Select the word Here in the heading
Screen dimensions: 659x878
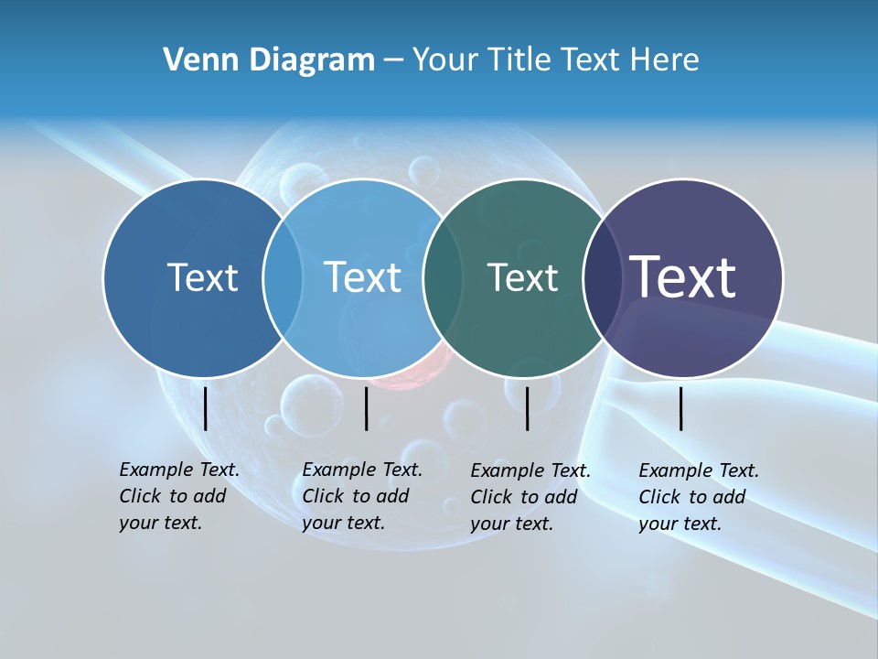pyautogui.click(x=665, y=60)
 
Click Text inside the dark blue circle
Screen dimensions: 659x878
pyautogui.click(x=202, y=277)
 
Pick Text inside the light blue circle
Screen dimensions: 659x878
pyautogui.click(x=362, y=277)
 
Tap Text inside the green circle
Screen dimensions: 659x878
pyautogui.click(x=522, y=277)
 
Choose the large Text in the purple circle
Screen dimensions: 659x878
pyautogui.click(x=683, y=276)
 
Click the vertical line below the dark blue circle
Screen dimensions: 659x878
pyautogui.click(x=205, y=408)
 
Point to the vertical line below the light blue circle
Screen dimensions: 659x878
pyautogui.click(x=366, y=408)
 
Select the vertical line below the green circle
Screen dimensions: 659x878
pyautogui.click(x=527, y=408)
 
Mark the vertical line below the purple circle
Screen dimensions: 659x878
pyautogui.click(x=681, y=408)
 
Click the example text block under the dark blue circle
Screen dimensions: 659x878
pyautogui.click(x=179, y=496)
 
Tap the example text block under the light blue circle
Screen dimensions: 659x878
pyautogui.click(x=362, y=496)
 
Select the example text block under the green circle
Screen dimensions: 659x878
pyautogui.click(x=530, y=497)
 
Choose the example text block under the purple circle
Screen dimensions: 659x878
pyautogui.click(x=699, y=497)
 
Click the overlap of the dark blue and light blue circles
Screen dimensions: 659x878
pyautogui.click(x=283, y=277)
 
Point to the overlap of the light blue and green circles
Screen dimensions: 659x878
pyautogui.click(x=442, y=277)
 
